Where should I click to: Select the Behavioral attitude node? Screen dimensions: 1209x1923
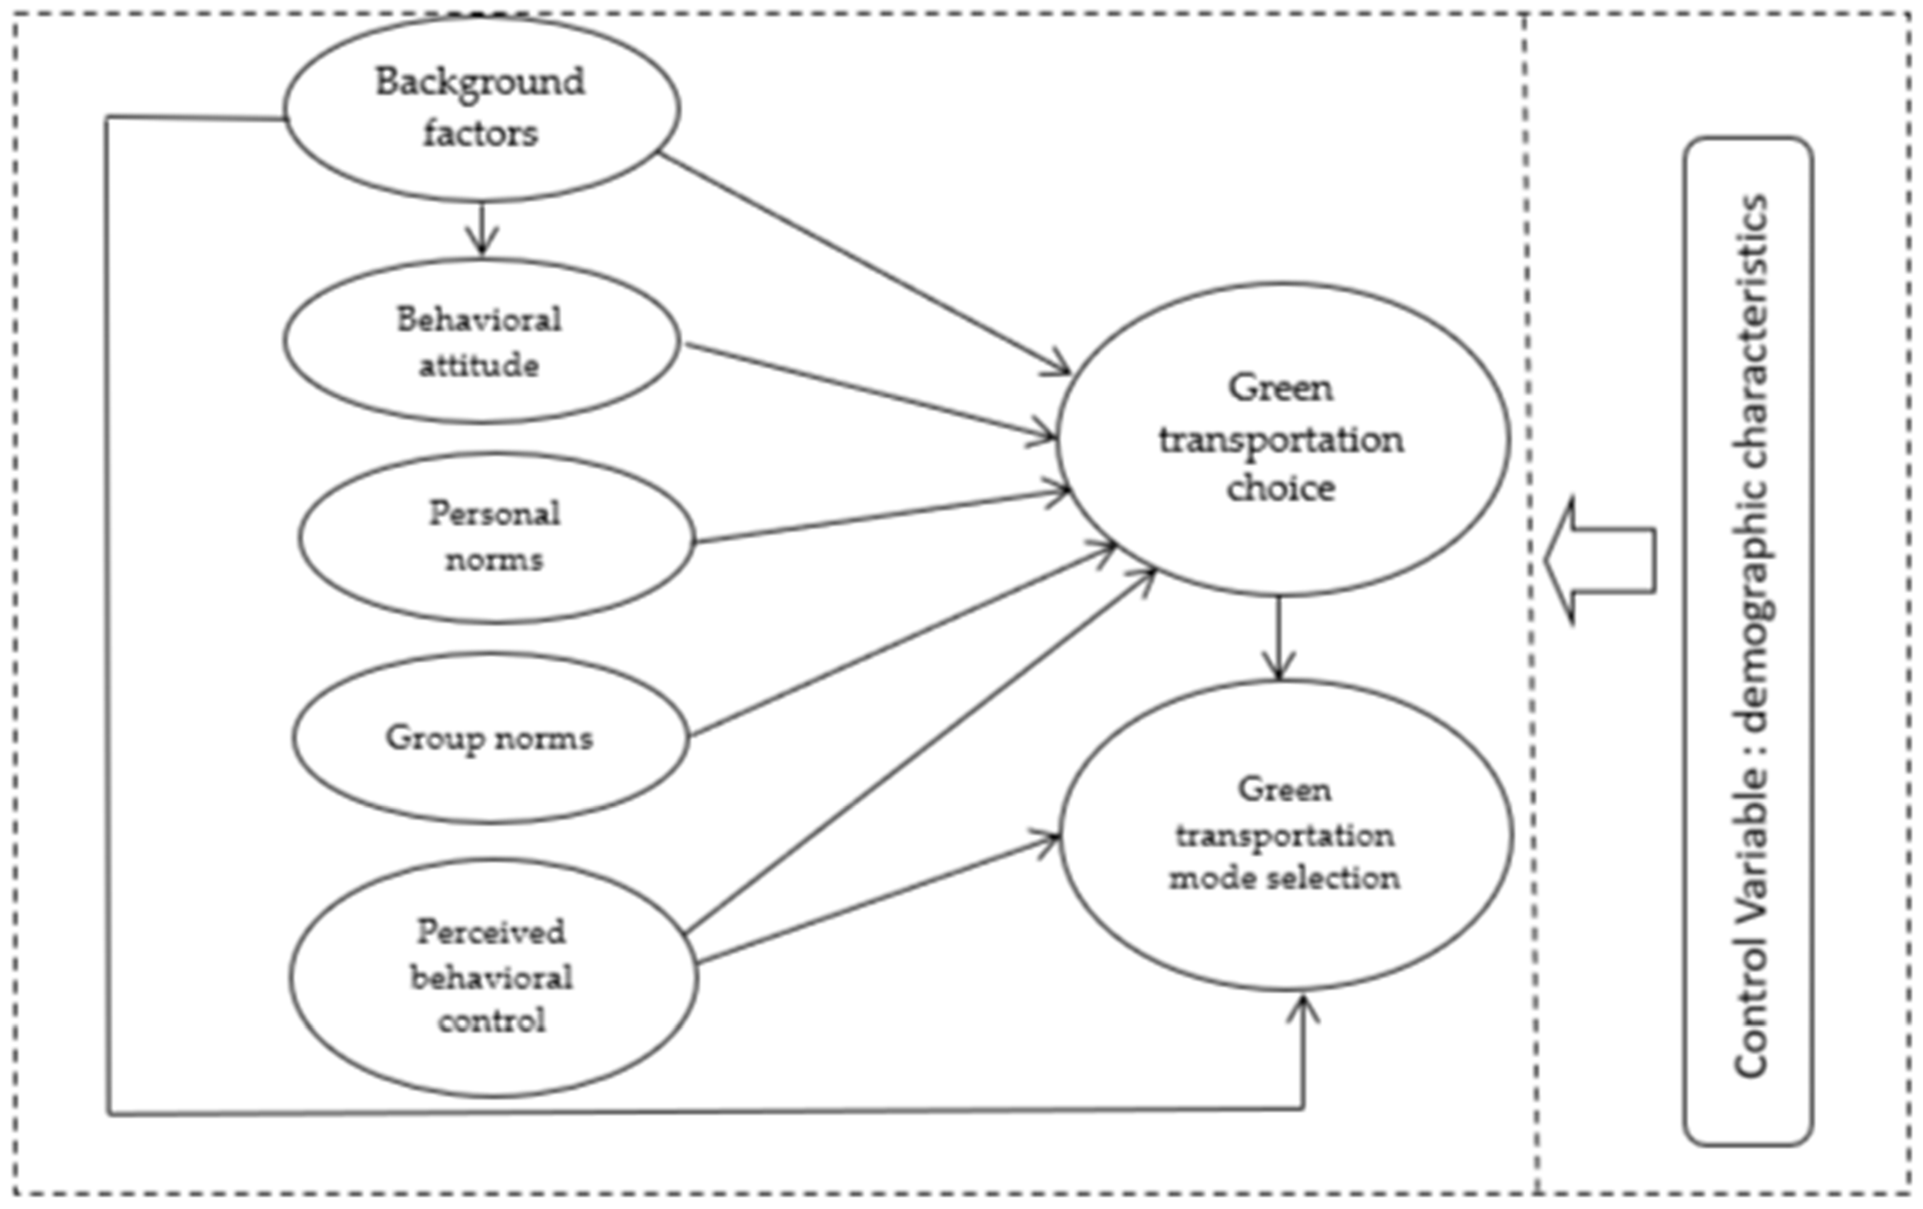click(482, 341)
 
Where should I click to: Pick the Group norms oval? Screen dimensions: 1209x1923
click(489, 738)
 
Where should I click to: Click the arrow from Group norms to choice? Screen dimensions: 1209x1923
click(902, 639)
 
